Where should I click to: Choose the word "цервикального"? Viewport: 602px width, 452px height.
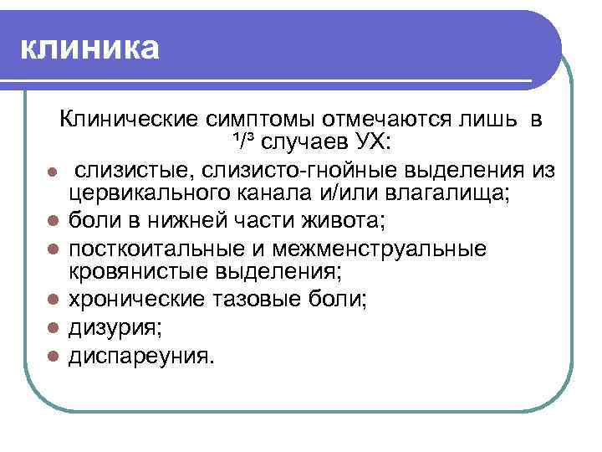click(151, 194)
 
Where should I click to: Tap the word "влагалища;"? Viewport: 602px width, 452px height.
click(450, 194)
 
